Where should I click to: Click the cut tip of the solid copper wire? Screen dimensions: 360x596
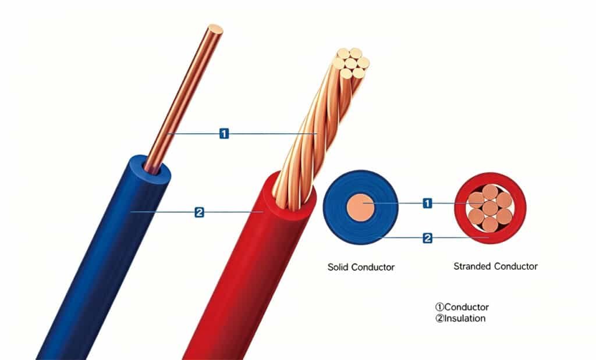[215, 28]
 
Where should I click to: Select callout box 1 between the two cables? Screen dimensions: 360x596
[224, 134]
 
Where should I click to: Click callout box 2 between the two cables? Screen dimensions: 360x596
[200, 212]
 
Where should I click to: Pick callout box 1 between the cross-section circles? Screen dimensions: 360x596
[428, 203]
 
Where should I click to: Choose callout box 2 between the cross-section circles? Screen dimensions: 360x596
[428, 237]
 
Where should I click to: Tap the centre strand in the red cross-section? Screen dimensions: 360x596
[490, 207]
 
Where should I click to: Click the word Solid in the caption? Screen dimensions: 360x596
[338, 267]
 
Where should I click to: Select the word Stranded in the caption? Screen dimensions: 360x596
[472, 266]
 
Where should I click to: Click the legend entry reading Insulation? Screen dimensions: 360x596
[464, 318]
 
